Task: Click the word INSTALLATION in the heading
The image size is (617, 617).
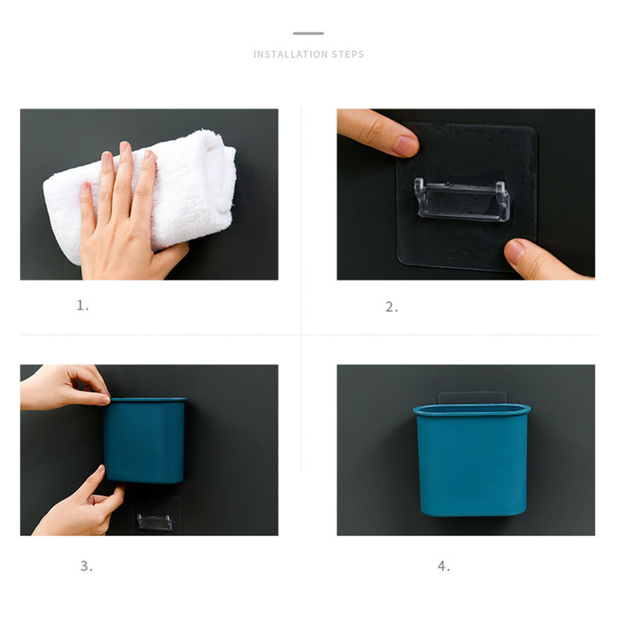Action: [x=291, y=54]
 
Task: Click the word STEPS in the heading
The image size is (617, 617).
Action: [x=348, y=54]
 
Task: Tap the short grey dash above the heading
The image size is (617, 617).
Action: [x=308, y=33]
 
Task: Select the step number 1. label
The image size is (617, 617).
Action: [x=83, y=305]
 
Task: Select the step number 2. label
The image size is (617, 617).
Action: [x=392, y=307]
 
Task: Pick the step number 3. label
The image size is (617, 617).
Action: [x=86, y=566]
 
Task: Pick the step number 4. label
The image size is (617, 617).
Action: [x=444, y=566]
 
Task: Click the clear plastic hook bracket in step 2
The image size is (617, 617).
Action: [x=462, y=200]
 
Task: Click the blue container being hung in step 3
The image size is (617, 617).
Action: [x=145, y=440]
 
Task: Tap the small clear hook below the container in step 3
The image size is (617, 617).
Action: [x=155, y=522]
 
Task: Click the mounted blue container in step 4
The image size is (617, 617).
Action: [x=472, y=460]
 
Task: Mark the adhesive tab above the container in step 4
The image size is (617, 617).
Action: [x=472, y=398]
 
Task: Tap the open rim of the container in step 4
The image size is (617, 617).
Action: [x=472, y=410]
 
